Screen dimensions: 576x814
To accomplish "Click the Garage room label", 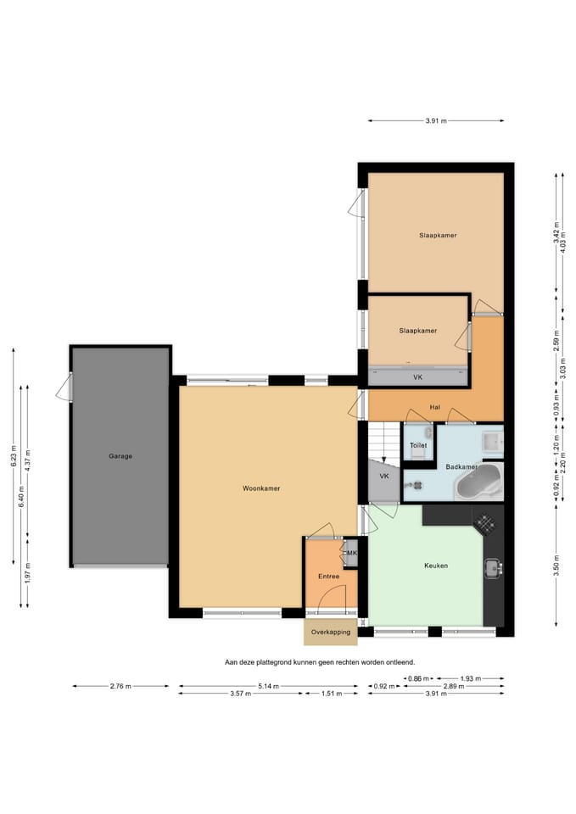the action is (120, 456).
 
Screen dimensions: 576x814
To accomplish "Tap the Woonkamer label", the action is (261, 488).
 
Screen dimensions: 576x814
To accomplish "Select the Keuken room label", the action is (436, 566).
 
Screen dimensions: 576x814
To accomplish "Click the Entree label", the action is (329, 577).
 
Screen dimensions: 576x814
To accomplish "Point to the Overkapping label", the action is (331, 632).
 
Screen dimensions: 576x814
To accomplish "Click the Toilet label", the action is (418, 445).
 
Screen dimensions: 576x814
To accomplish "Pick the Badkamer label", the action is (461, 466).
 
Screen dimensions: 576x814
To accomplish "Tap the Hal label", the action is (434, 407).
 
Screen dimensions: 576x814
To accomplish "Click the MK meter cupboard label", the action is (352, 553).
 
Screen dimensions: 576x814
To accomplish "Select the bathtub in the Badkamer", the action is (478, 482).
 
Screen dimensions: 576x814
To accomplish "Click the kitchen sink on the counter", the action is (493, 568).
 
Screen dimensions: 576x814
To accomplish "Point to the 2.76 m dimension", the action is (120, 686).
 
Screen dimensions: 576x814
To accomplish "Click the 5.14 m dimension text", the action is (268, 686).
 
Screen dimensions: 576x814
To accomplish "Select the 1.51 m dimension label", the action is (332, 693).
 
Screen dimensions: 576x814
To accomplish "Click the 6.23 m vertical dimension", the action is (14, 456).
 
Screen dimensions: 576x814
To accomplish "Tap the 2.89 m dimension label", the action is (454, 686).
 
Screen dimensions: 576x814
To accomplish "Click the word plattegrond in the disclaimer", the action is (274, 662).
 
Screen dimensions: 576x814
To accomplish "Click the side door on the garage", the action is (65, 387).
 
